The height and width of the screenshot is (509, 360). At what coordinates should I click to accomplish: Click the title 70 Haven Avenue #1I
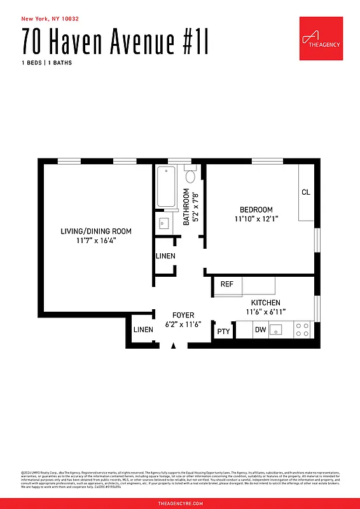coord(114,41)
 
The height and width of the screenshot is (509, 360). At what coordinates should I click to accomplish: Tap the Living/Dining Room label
coord(96,231)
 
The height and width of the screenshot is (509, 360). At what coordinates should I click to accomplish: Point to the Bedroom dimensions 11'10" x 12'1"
coord(256,219)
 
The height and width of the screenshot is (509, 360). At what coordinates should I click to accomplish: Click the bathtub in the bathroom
coord(167,186)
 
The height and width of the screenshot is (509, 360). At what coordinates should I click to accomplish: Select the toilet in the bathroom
coord(191,174)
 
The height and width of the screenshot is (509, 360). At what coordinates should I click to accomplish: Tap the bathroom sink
coord(163,223)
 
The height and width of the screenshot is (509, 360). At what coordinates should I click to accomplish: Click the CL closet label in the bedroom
coord(305,192)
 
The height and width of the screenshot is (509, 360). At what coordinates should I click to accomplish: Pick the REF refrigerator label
coord(226,284)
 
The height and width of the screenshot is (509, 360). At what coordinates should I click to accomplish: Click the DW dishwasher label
coord(260,330)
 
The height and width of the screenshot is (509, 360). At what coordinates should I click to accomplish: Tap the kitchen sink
coord(277,330)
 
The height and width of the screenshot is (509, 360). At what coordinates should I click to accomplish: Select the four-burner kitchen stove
coord(302,330)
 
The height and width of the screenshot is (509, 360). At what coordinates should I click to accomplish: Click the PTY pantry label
coord(223,331)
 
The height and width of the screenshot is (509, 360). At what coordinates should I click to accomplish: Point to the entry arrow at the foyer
coord(173,345)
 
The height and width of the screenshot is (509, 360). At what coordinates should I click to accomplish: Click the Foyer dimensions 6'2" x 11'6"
coord(183,324)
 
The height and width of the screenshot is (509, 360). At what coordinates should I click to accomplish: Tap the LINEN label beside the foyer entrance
coord(143,330)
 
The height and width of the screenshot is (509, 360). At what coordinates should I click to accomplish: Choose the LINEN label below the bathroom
coord(165,256)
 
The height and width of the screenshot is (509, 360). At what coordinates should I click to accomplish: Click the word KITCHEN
coord(266,303)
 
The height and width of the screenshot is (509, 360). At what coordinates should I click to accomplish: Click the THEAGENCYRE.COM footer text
coord(180,503)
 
